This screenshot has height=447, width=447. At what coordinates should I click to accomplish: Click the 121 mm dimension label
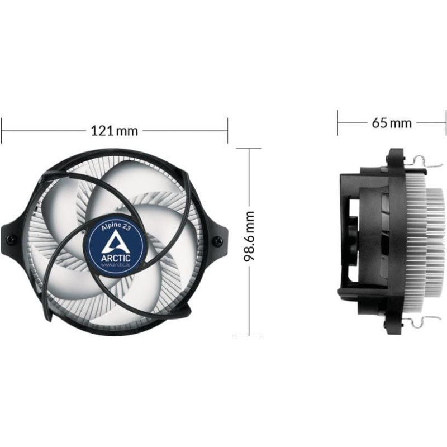coord(115,131)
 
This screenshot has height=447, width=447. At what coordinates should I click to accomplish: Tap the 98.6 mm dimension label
coord(249,236)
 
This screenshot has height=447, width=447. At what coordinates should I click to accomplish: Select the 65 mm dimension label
coord(392,123)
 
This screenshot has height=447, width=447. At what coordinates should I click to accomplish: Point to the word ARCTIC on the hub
coord(116,258)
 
